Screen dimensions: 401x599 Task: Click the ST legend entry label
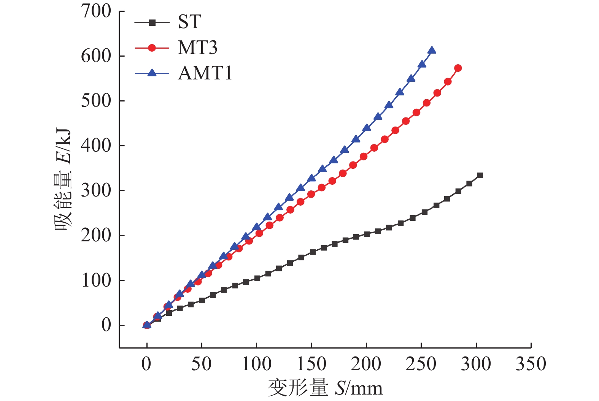point(189,22)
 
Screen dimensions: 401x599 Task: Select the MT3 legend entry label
point(197,48)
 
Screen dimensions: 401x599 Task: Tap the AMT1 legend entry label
point(205,73)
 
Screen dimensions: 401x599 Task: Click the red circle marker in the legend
point(152,48)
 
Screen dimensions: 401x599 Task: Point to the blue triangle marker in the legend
point(152,73)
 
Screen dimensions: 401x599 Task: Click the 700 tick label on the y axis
point(96,11)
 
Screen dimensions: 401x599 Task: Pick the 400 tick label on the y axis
point(96,146)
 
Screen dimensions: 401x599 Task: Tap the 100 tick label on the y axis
point(96,281)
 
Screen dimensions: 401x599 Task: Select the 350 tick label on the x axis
point(531,364)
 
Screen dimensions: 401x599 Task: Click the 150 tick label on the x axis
point(311,364)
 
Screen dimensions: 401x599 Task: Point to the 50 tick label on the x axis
point(202,364)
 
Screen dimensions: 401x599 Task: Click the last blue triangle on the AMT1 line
point(432,50)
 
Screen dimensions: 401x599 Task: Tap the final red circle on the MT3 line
point(458,68)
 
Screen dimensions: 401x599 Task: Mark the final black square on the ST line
point(480,175)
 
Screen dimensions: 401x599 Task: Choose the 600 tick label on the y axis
point(96,56)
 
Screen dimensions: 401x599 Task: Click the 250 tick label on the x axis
point(421,364)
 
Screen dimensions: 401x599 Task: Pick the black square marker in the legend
point(152,23)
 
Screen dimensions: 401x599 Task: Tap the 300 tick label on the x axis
point(476,364)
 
